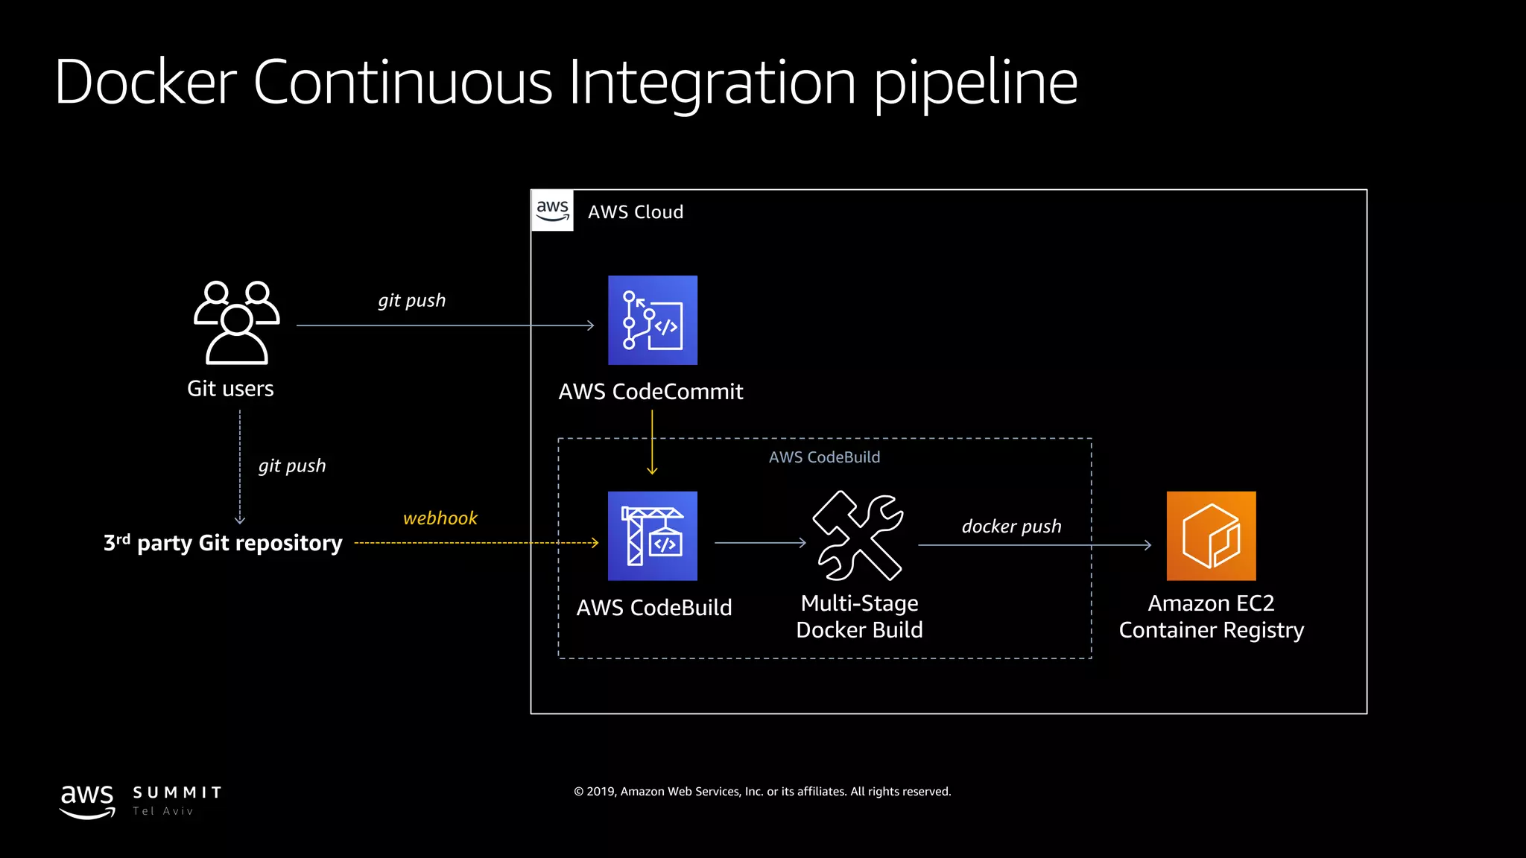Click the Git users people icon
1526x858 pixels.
point(236,322)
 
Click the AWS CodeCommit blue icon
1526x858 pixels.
point(653,320)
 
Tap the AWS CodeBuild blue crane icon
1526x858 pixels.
point(653,536)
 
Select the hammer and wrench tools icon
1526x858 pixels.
point(858,536)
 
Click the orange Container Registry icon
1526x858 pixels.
point(1211,536)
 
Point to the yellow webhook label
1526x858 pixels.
point(440,518)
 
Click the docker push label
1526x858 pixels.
point(1011,527)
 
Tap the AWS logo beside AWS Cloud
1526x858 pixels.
point(552,211)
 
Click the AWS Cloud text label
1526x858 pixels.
point(636,212)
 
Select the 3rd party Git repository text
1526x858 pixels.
point(223,543)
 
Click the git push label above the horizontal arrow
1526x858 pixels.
point(411,301)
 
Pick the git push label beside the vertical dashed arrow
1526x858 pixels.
point(292,466)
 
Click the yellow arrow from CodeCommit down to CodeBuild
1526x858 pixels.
point(652,443)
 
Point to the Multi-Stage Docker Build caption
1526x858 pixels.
point(859,617)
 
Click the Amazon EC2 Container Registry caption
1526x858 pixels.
point(1211,617)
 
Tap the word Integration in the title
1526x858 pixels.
point(712,82)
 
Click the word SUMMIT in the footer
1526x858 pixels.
point(177,792)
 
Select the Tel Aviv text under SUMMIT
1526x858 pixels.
point(163,811)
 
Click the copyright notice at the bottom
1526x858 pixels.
point(762,792)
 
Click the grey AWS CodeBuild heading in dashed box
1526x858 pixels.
point(824,457)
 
